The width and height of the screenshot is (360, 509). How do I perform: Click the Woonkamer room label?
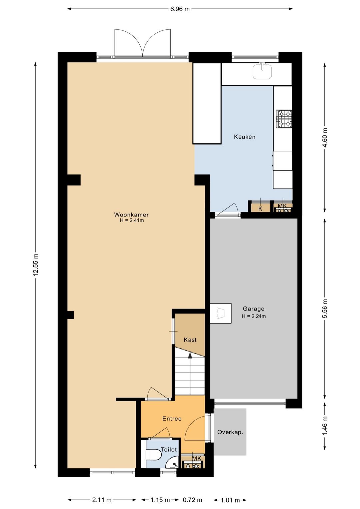click(x=131, y=214)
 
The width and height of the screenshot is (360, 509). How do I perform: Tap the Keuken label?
click(x=245, y=137)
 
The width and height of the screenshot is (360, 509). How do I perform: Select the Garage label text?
click(x=253, y=309)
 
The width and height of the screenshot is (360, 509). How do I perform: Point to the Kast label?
click(x=190, y=340)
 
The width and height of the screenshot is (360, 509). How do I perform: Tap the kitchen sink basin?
click(x=262, y=71)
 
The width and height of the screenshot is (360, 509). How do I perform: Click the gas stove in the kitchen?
click(x=284, y=119)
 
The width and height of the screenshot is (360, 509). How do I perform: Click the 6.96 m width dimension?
click(x=180, y=9)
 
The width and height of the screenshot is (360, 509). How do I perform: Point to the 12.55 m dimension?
click(x=36, y=265)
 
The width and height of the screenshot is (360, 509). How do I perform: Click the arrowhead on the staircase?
click(x=190, y=356)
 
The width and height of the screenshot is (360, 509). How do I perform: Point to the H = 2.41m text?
click(x=132, y=220)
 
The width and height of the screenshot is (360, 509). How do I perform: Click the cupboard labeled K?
click(x=261, y=207)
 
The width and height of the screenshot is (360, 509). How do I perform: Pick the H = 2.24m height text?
click(x=254, y=316)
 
